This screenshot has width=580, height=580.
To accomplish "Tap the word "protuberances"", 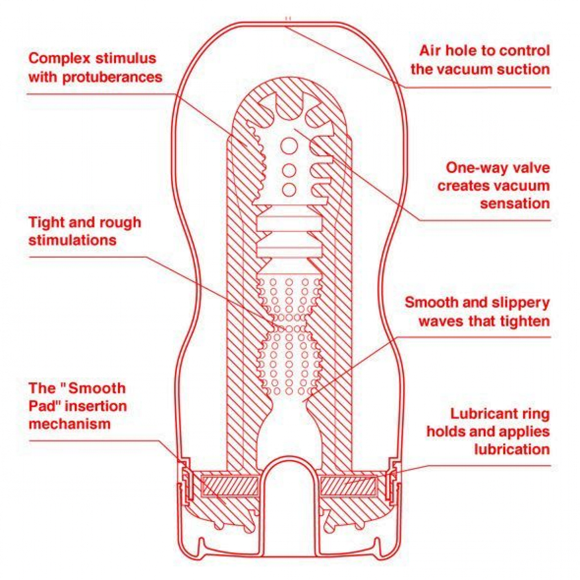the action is pyautogui.click(x=112, y=77).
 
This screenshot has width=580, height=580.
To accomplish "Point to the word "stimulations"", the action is pyautogui.click(x=73, y=241).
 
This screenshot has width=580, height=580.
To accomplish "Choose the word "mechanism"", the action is pyautogui.click(x=70, y=424).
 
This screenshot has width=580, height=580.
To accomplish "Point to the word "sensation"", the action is pyautogui.click(x=515, y=203).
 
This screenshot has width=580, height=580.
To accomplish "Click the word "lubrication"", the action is pyautogui.click(x=512, y=449).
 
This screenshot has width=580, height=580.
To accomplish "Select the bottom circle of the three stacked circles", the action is pyautogui.click(x=289, y=190).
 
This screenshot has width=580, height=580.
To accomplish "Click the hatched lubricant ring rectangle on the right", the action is pyautogui.click(x=347, y=486).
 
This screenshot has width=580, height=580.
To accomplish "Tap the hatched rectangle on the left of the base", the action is pyautogui.click(x=230, y=486).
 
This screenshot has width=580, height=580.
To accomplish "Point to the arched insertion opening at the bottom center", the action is pyautogui.click(x=289, y=458).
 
